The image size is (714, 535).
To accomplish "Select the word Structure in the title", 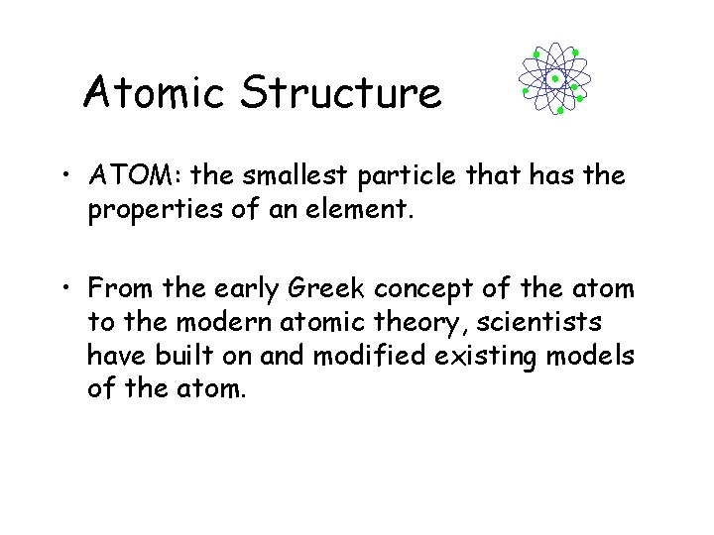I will coord(340,93).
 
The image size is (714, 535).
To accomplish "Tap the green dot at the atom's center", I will coord(555,78).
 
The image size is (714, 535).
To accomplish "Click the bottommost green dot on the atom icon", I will coord(560,111).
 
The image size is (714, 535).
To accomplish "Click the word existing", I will coord(488,357).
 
